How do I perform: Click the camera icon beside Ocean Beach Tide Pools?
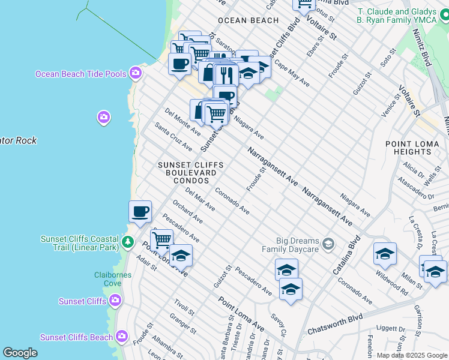tap(136, 73)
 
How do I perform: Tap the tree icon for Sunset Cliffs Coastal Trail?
tap(127, 242)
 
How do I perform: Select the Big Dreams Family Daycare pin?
tap(328, 244)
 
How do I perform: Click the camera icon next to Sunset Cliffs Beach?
tap(122, 337)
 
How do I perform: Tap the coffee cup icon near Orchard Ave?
tap(140, 212)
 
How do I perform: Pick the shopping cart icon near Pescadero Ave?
tap(161, 240)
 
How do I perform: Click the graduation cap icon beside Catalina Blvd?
tap(385, 254)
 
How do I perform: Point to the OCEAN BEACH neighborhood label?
tap(248, 20)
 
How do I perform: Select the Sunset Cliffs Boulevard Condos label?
tap(190, 173)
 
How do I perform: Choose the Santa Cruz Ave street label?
tap(173, 137)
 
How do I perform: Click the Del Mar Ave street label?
tap(200, 199)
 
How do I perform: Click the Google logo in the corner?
tap(20, 352)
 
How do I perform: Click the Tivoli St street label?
tap(184, 306)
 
